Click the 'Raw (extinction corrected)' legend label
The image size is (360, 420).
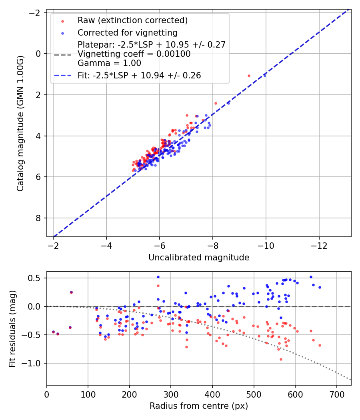click(132, 20)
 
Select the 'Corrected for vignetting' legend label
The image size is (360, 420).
click(128, 32)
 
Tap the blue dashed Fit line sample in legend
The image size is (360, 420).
click(62, 75)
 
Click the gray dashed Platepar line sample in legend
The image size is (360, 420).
click(62, 54)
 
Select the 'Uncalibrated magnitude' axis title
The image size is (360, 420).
click(199, 258)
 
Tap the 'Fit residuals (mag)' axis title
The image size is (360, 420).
click(12, 328)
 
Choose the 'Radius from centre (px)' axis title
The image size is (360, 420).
click(199, 406)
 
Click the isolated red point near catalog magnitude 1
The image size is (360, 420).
click(249, 76)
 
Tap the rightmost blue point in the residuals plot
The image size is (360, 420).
click(320, 287)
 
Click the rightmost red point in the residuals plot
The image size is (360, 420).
click(320, 345)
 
